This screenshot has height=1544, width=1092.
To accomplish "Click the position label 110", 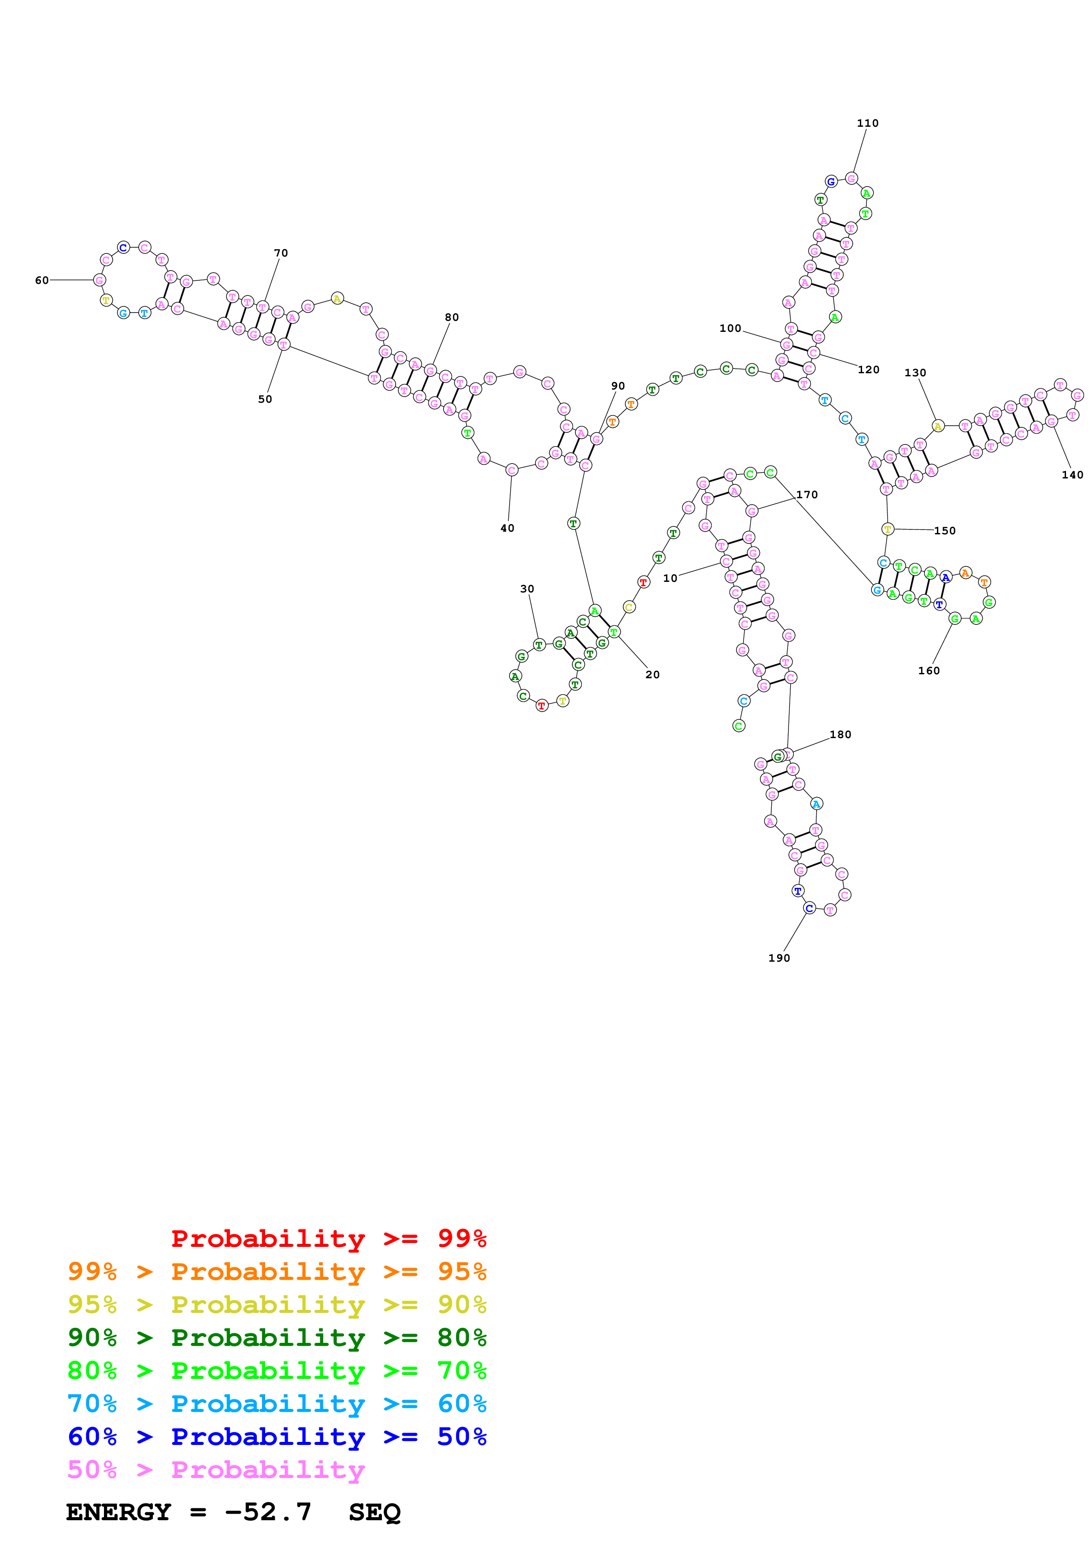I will point(867,123).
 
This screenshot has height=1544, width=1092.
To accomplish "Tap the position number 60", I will point(42,280).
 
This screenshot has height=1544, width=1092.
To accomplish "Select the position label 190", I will point(779,958).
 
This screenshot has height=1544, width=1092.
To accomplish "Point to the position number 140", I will point(1073,475).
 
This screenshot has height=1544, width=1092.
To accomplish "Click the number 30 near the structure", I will point(527,588).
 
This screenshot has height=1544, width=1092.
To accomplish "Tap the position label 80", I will point(452,317).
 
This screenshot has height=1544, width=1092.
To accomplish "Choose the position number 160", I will point(929,670).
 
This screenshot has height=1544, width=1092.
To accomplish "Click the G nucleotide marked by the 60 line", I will point(100,280).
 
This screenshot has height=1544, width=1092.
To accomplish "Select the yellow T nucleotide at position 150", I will point(888,529).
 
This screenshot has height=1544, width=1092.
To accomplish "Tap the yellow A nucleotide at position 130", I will point(937,426).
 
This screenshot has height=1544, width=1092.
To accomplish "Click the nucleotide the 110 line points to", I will point(851,178).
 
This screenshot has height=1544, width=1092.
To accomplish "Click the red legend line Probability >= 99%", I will point(328,1239).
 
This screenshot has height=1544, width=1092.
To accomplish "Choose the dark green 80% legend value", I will point(462,1338).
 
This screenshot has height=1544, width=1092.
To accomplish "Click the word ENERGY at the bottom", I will point(118,1512).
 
